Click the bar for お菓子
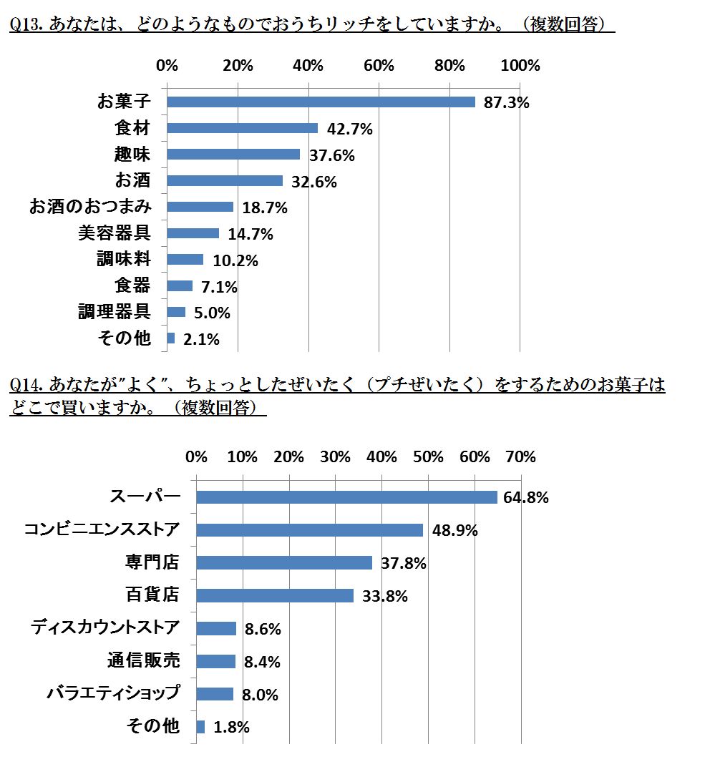tap(321, 102)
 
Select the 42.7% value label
tap(350, 129)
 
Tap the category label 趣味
tap(133, 154)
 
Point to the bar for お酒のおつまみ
tap(200, 207)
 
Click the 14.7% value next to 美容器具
tap(251, 234)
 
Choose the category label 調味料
tap(124, 259)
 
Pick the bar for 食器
tap(180, 285)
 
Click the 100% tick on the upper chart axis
tap(520, 66)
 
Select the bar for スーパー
tap(346, 497)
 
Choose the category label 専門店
tap(152, 562)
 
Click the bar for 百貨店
tap(275, 595)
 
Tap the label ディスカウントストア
tap(105, 627)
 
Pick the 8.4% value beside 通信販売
tap(262, 662)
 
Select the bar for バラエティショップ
tap(215, 694)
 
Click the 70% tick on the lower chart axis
tap(520, 457)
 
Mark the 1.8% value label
tap(231, 728)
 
